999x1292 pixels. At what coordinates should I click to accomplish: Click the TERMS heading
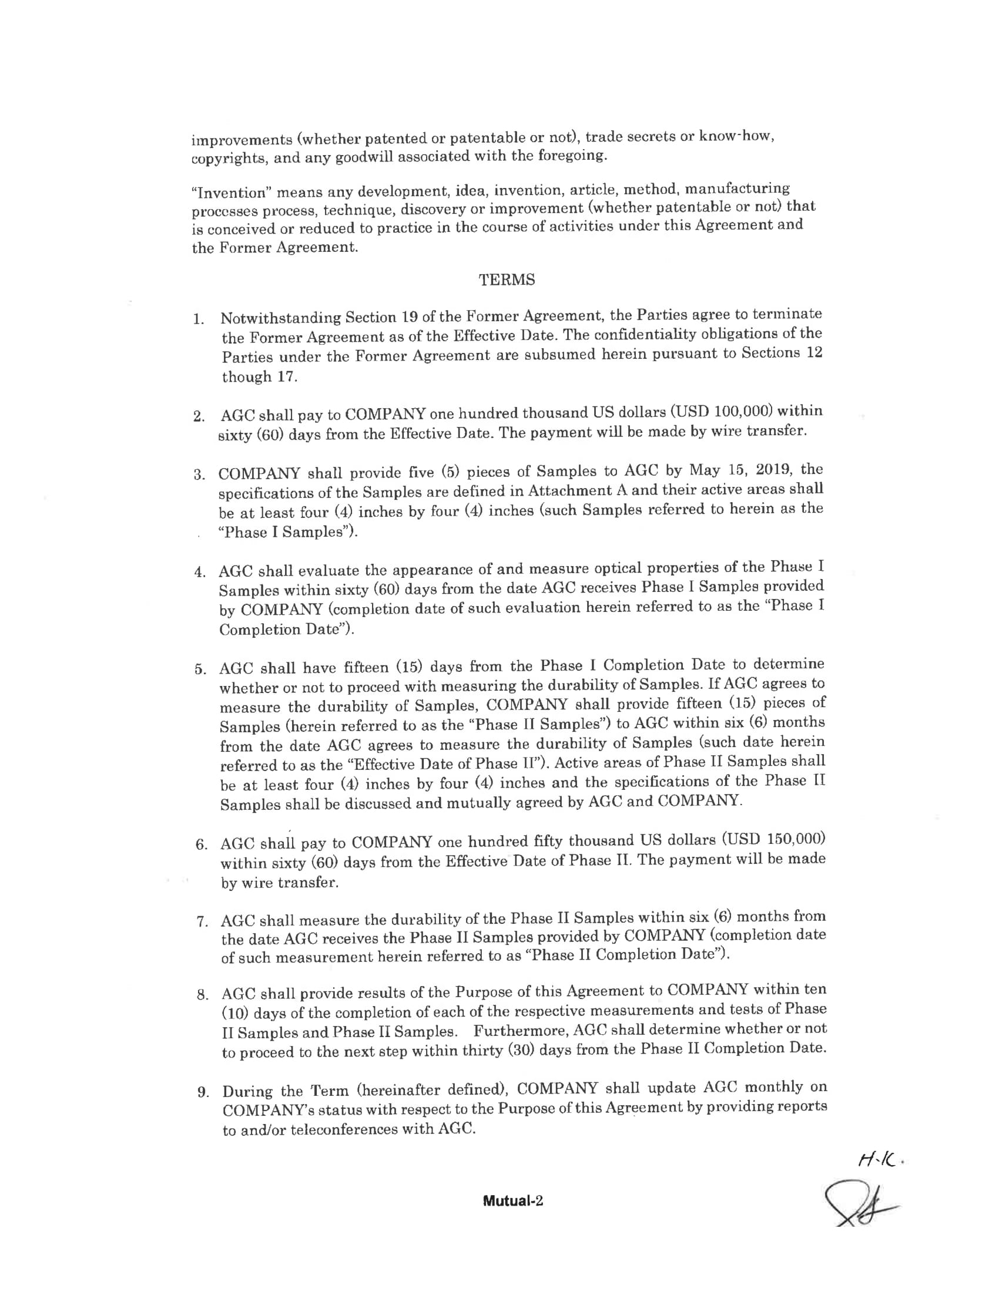point(507,280)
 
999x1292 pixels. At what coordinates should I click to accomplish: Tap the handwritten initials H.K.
point(881,1162)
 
